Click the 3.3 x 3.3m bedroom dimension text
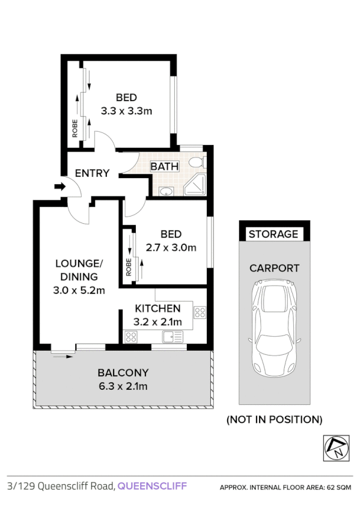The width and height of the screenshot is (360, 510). click(126, 111)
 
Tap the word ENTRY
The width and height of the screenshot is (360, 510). click(92, 173)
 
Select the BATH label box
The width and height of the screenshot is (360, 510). click(163, 166)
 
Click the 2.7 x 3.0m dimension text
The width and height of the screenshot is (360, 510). click(171, 247)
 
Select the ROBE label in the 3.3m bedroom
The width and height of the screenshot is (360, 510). click(75, 129)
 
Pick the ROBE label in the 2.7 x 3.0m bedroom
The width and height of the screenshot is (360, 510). click(129, 268)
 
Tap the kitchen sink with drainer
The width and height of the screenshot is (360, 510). click(173, 337)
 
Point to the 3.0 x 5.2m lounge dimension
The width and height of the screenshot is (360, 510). click(80, 291)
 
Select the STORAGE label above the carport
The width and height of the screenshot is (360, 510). click(273, 234)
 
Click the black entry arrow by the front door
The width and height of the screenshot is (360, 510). click(59, 187)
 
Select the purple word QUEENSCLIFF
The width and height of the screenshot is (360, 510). click(152, 486)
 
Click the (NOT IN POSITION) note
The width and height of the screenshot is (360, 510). click(274, 419)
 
